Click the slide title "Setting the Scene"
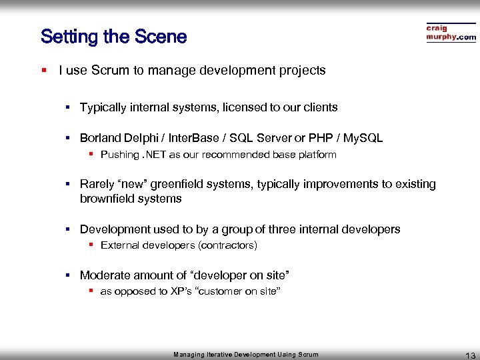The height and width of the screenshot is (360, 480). point(113,37)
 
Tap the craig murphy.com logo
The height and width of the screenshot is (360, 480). point(451,33)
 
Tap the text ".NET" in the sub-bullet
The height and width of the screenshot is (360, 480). point(155,155)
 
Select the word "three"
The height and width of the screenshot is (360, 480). point(283,229)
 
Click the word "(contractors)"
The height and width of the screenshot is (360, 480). point(227,245)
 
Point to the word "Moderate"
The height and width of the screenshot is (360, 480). point(104,275)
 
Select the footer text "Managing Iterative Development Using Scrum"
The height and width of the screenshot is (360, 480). point(246,355)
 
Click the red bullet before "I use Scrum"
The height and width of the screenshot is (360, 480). point(43,70)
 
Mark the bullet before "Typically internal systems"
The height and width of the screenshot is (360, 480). point(68,107)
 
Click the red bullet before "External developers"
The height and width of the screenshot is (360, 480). point(91,245)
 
